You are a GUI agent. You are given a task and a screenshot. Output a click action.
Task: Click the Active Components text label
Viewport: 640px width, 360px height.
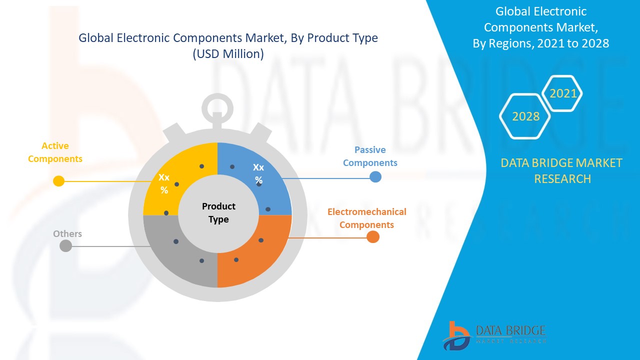(x=55, y=152)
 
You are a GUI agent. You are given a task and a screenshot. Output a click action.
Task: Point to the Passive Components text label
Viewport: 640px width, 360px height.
(x=370, y=156)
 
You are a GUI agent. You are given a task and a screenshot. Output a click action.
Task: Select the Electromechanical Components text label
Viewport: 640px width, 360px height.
(x=366, y=218)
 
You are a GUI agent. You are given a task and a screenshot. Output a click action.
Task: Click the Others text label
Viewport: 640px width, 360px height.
(x=67, y=234)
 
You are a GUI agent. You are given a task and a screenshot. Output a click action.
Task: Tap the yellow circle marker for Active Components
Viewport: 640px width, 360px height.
(x=59, y=181)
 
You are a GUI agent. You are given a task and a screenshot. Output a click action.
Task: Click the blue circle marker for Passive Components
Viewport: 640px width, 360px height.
(x=375, y=176)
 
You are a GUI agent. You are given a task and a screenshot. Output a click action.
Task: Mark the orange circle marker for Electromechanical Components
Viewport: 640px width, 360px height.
(x=372, y=237)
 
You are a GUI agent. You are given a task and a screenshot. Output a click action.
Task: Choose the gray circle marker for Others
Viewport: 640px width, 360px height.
(x=65, y=245)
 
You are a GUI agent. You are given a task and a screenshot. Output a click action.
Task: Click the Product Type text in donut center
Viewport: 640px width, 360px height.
(x=218, y=213)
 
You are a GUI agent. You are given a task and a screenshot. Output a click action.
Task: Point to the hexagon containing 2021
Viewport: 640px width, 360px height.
(x=563, y=93)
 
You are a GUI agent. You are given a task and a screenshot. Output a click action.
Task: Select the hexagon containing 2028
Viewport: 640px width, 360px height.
(x=525, y=116)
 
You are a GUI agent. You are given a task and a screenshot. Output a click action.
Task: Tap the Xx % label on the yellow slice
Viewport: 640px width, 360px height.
(x=164, y=183)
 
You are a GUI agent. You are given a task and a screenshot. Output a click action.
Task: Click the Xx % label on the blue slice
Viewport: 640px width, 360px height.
(x=258, y=173)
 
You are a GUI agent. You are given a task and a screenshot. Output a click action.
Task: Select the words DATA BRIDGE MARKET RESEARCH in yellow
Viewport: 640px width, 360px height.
(x=562, y=170)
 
